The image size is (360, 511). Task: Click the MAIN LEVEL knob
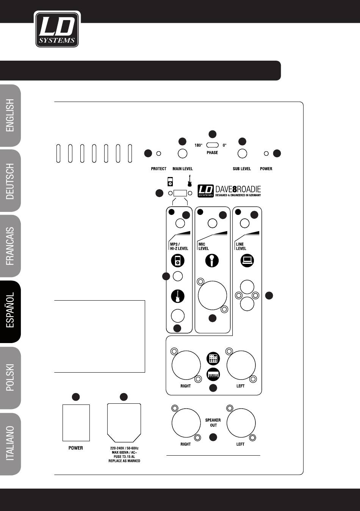[x=183, y=154]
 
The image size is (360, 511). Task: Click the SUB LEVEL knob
[x=242, y=154]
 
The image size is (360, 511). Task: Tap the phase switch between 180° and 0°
[x=213, y=145]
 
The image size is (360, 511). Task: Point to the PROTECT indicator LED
[x=159, y=154]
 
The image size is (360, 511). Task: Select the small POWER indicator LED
[x=266, y=154]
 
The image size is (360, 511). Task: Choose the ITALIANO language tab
[x=11, y=444]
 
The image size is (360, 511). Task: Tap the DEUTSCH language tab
[x=11, y=181]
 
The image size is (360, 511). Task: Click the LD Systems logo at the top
[x=57, y=29]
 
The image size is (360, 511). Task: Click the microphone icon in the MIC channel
[x=212, y=261]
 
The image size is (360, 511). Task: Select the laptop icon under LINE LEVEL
[x=247, y=260]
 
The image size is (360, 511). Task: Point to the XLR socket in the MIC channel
[x=213, y=295]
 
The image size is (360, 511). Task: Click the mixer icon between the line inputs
[x=213, y=358]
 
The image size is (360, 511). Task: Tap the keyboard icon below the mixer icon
[x=213, y=375]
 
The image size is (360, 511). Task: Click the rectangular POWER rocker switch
[x=76, y=423]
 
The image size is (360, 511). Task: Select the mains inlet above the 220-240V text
[x=124, y=421]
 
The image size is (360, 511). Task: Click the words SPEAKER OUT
[x=213, y=423]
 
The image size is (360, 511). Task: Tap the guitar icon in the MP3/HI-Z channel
[x=177, y=296]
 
